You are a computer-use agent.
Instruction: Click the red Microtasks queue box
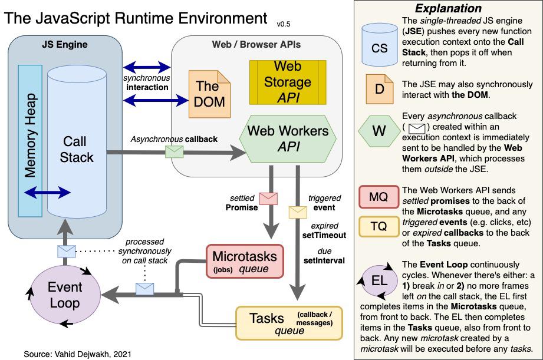pos(245,262)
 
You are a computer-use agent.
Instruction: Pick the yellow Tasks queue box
pos(289,323)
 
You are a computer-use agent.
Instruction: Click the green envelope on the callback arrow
pos(174,151)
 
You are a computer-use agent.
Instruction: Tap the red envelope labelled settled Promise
pos(269,198)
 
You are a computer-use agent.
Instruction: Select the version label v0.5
pos(284,24)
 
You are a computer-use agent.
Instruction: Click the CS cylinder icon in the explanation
pos(380,47)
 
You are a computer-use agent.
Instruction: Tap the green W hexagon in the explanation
pos(380,131)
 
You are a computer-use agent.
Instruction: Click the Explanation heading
pos(448,9)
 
